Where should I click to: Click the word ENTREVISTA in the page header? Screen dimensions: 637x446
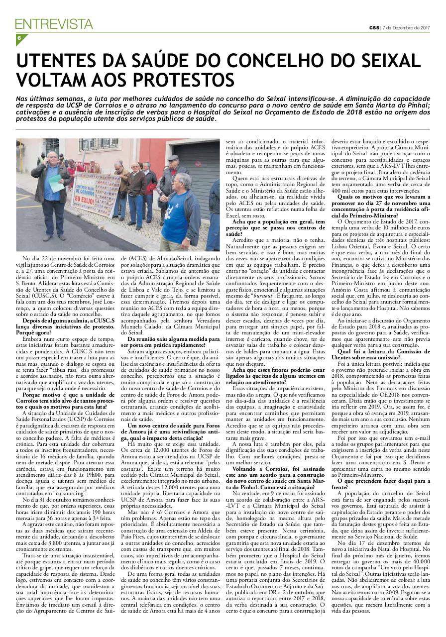[x=54, y=24]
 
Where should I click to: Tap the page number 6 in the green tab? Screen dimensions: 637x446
[x=18, y=38]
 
